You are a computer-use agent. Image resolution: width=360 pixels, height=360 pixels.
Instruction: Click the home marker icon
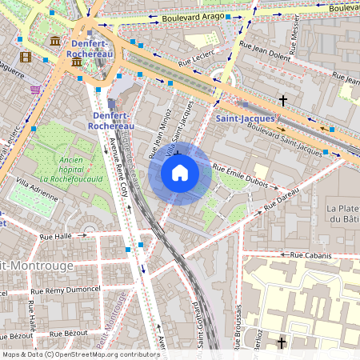(180, 173)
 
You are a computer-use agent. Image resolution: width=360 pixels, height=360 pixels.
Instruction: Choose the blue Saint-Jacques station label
(245, 118)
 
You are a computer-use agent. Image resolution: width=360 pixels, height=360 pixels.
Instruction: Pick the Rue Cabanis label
(312, 255)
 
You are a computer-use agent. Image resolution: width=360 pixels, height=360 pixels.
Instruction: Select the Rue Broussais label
(239, 320)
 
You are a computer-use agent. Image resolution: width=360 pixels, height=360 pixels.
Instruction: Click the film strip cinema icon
(26, 57)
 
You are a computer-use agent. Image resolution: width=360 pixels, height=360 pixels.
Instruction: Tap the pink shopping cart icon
(35, 89)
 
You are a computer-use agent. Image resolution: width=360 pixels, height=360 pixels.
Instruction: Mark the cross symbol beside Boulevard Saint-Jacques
(282, 101)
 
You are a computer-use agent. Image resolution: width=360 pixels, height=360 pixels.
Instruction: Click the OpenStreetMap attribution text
(81, 354)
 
